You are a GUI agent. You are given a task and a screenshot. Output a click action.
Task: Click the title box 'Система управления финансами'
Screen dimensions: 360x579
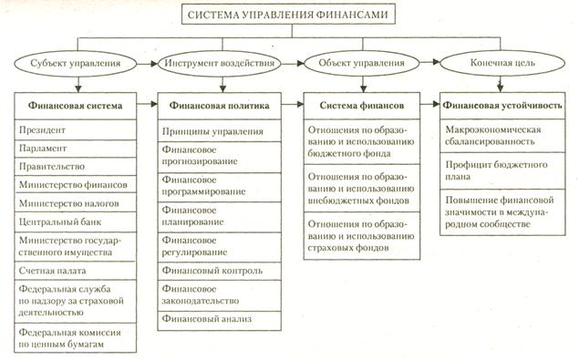[289, 15]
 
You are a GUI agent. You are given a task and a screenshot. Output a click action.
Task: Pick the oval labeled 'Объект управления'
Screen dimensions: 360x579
[362, 65]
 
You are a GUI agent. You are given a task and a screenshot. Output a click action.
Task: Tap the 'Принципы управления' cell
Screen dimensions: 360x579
[215, 131]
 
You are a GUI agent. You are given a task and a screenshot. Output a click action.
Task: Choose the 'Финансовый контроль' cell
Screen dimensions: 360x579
[215, 271]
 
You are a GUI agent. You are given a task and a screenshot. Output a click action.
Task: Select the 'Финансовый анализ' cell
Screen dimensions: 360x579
[215, 319]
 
